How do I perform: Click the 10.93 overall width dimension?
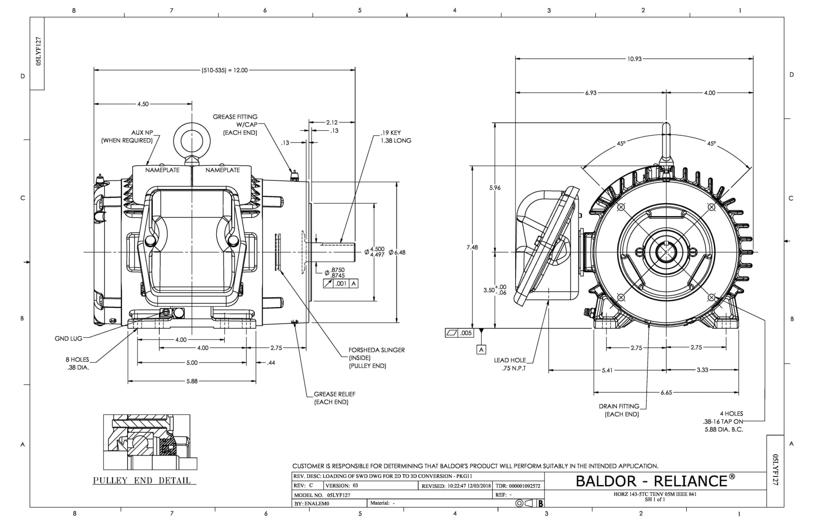[634, 59]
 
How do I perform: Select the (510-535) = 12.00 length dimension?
[225, 70]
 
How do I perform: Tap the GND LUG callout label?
[68, 339]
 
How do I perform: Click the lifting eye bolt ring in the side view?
[192, 141]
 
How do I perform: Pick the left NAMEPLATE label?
[162, 170]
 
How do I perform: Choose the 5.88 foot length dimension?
[192, 381]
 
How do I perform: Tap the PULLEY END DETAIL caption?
[142, 480]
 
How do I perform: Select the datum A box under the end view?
[481, 349]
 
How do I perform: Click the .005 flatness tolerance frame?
[459, 333]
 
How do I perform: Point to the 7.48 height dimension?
[472, 247]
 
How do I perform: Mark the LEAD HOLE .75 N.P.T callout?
[510, 364]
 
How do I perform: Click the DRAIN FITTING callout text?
[619, 410]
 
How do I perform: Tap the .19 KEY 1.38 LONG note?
[396, 137]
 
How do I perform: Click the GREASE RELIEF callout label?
[334, 398]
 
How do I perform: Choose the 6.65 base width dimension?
[666, 393]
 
